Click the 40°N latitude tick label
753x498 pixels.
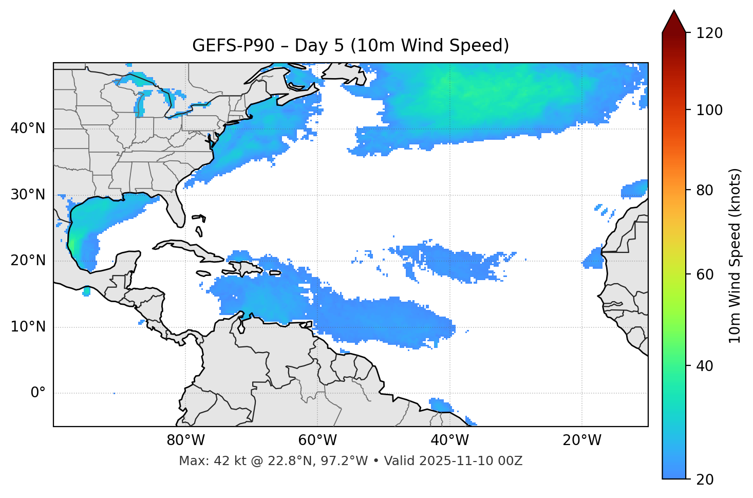tap(28, 128)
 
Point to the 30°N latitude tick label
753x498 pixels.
tap(28, 195)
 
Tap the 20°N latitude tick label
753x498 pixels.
tap(28, 261)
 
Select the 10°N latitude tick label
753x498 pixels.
tap(28, 327)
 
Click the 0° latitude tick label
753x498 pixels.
tap(38, 393)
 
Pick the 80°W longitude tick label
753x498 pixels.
tap(185, 440)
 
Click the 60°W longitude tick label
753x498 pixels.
tap(317, 440)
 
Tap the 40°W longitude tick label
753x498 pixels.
tap(449, 440)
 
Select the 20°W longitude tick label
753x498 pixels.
tap(582, 440)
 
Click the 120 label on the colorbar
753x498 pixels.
tap(709, 33)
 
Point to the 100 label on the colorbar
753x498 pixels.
tap(709, 110)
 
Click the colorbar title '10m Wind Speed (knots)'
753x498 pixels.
tap(735, 255)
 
